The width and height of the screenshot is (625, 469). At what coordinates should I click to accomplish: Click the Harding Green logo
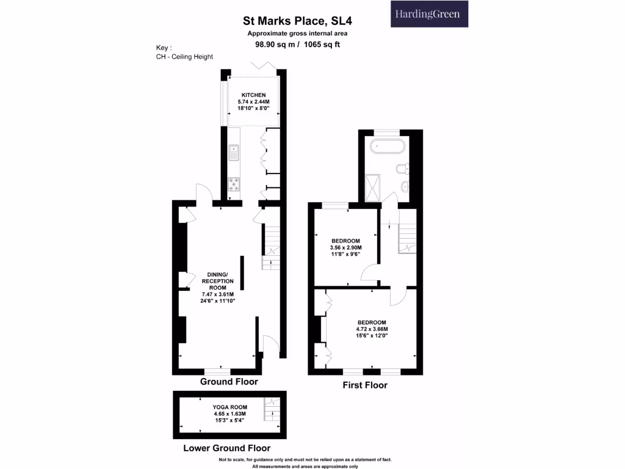[x=429, y=14]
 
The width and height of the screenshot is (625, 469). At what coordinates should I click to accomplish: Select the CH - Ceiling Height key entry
[x=184, y=57]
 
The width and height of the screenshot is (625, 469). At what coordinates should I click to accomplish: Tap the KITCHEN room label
[x=253, y=95]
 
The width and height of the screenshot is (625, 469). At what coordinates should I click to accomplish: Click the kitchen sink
[x=234, y=153]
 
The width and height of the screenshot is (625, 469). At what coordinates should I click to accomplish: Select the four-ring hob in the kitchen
[x=234, y=183]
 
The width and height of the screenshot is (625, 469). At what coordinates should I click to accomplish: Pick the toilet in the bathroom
[x=402, y=169]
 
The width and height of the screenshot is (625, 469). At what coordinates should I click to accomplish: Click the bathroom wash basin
[x=405, y=186]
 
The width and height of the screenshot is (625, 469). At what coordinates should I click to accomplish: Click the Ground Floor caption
[x=229, y=382]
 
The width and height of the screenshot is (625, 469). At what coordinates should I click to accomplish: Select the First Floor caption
[x=364, y=385]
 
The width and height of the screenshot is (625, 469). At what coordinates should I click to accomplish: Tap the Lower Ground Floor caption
[x=228, y=448]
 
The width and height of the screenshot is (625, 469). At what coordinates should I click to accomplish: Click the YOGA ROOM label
[x=229, y=407]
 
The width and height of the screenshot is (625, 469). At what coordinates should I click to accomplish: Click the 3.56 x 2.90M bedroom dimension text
[x=345, y=248]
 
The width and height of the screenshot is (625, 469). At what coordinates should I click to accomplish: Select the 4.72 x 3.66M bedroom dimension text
[x=371, y=329]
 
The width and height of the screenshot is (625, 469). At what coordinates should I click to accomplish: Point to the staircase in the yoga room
[x=270, y=410]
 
